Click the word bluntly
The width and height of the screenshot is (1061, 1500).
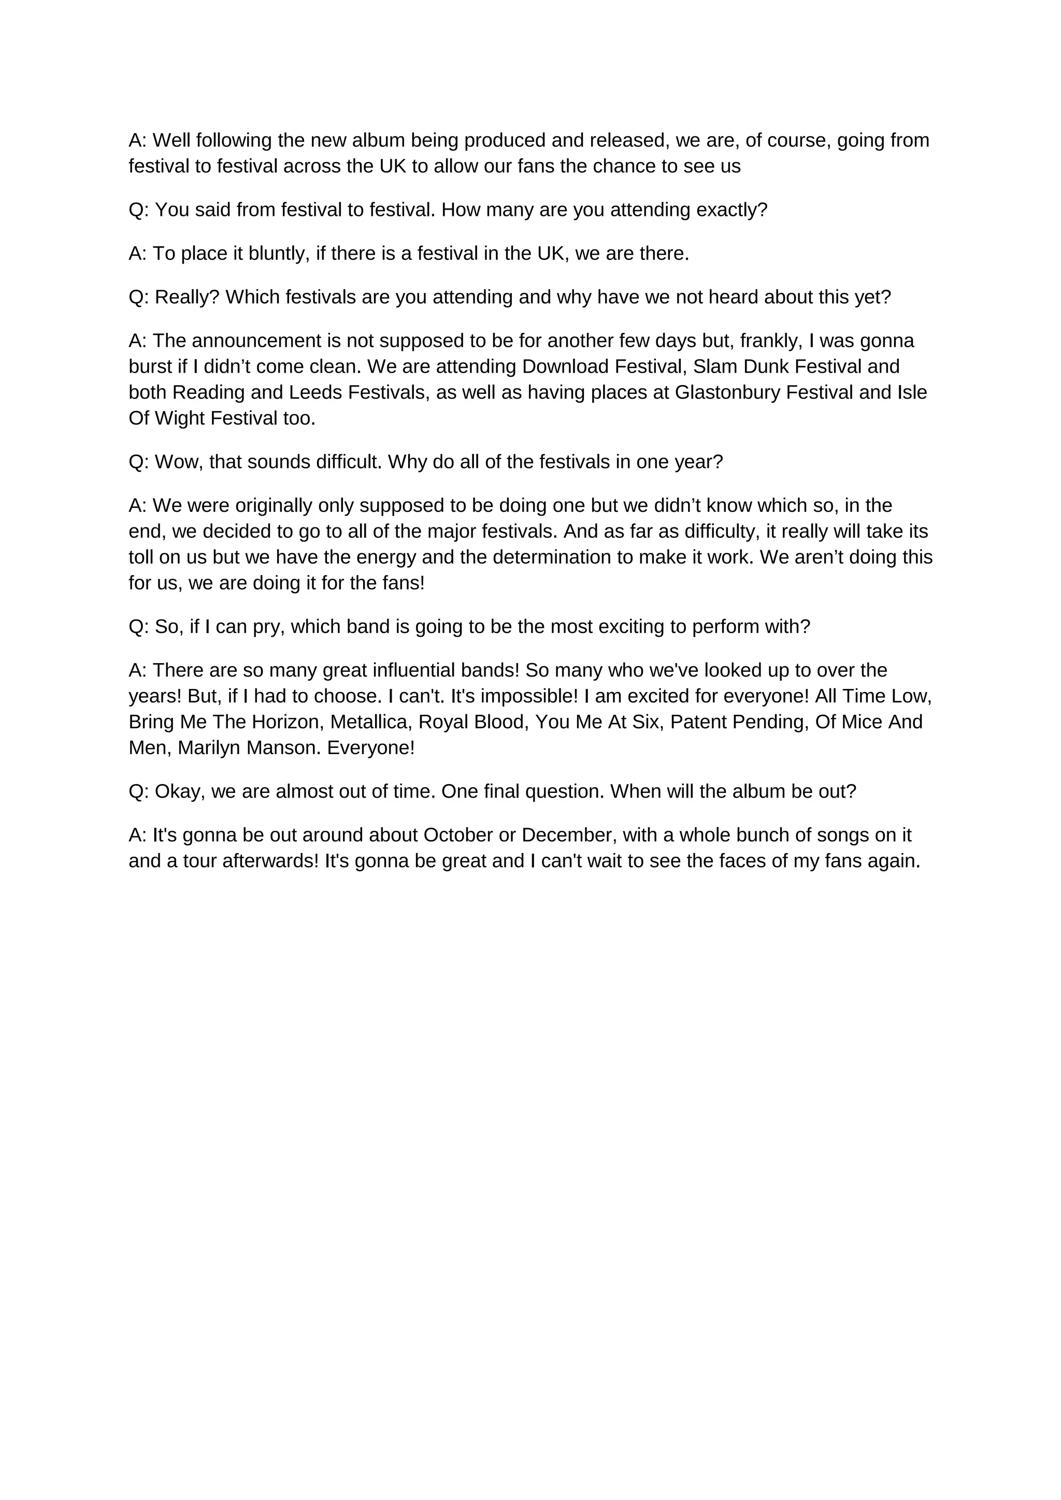(277, 254)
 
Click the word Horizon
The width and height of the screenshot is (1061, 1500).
(284, 722)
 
